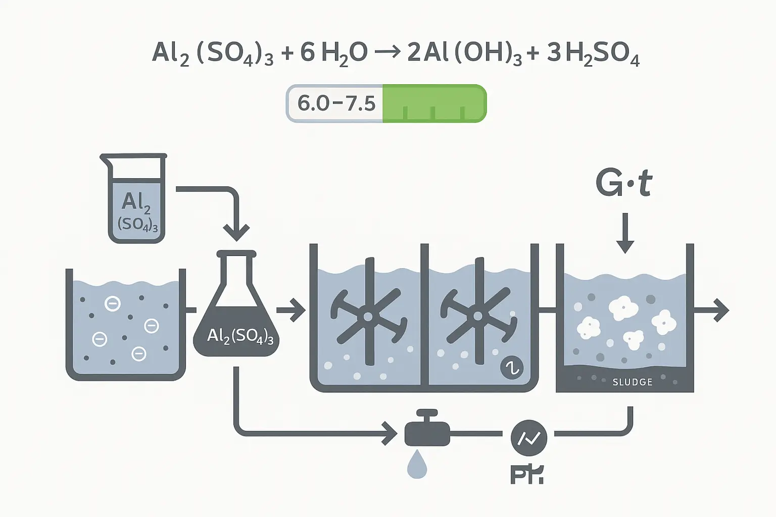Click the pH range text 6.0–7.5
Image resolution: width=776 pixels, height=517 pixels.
pyautogui.click(x=336, y=104)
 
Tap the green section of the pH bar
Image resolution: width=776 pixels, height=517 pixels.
pyautogui.click(x=433, y=104)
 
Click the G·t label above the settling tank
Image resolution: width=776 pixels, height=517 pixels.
pyautogui.click(x=624, y=183)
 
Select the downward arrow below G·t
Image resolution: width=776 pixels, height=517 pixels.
pyautogui.click(x=625, y=235)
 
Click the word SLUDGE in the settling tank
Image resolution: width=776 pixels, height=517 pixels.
pyautogui.click(x=633, y=382)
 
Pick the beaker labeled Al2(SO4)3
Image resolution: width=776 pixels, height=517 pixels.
pyautogui.click(x=136, y=199)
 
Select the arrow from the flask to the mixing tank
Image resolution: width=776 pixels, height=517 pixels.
pyautogui.click(x=292, y=309)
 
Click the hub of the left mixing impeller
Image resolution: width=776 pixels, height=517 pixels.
pyautogui.click(x=368, y=317)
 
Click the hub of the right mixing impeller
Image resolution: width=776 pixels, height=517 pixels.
pyautogui.click(x=477, y=317)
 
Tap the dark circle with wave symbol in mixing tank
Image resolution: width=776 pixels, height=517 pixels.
pyautogui.click(x=511, y=368)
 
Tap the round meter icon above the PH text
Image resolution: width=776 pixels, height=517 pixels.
pyautogui.click(x=528, y=438)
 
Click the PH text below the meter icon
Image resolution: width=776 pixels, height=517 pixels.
pyautogui.click(x=526, y=475)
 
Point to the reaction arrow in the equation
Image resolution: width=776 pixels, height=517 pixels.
pyautogui.click(x=388, y=52)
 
